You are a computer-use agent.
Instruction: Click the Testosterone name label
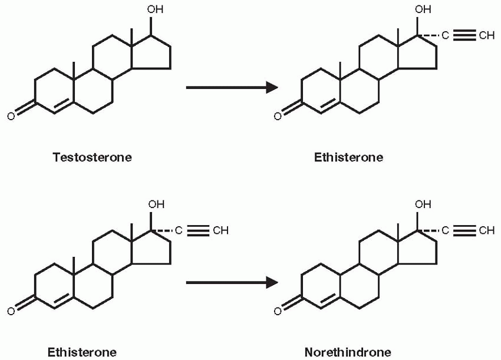pos(92,157)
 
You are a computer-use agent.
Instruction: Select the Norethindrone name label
pos(347,352)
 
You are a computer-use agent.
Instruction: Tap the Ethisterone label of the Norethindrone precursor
pos(82,352)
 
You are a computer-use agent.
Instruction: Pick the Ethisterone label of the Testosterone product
pos(348,157)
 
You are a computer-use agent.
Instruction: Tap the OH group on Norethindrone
pos(423,206)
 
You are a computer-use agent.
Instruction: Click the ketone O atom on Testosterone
pos(10,115)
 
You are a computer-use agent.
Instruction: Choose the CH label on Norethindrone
pos(487,231)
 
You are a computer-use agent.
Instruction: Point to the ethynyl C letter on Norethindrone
pos(446,231)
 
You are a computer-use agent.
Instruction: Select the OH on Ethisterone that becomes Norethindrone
pos(156,205)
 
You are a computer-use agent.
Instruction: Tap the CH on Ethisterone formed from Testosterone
pos(487,36)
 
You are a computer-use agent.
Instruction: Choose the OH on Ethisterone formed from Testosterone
pos(423,10)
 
